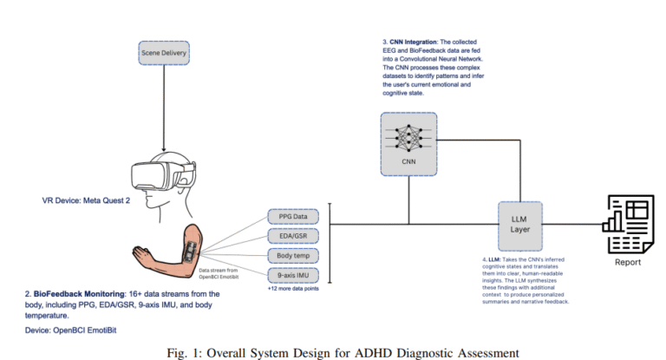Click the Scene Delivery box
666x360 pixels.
[165, 55]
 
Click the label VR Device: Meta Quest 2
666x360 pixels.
[87, 200]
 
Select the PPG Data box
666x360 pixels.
[293, 216]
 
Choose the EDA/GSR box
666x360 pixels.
[293, 236]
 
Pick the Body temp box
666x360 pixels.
[293, 256]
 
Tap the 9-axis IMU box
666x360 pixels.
[293, 276]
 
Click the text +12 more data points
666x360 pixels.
[293, 288]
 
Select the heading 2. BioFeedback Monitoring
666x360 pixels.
[76, 295]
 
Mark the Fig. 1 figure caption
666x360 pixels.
[333, 352]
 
